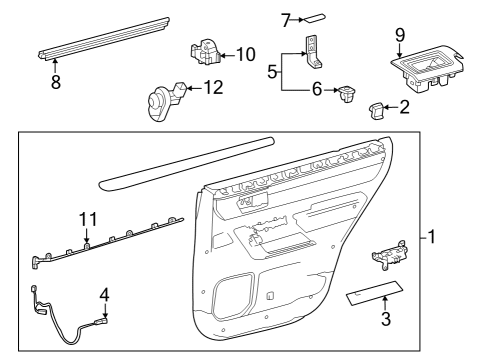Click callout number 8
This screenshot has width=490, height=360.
[55, 82]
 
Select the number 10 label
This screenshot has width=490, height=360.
[246, 53]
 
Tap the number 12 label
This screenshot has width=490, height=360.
[212, 88]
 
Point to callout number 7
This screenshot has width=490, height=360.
[257, 18]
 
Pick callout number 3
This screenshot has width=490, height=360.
[384, 320]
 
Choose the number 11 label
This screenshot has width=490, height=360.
[87, 219]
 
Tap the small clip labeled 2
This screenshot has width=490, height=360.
[377, 109]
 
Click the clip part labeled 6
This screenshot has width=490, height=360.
[347, 93]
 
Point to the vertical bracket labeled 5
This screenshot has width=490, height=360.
[313, 48]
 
